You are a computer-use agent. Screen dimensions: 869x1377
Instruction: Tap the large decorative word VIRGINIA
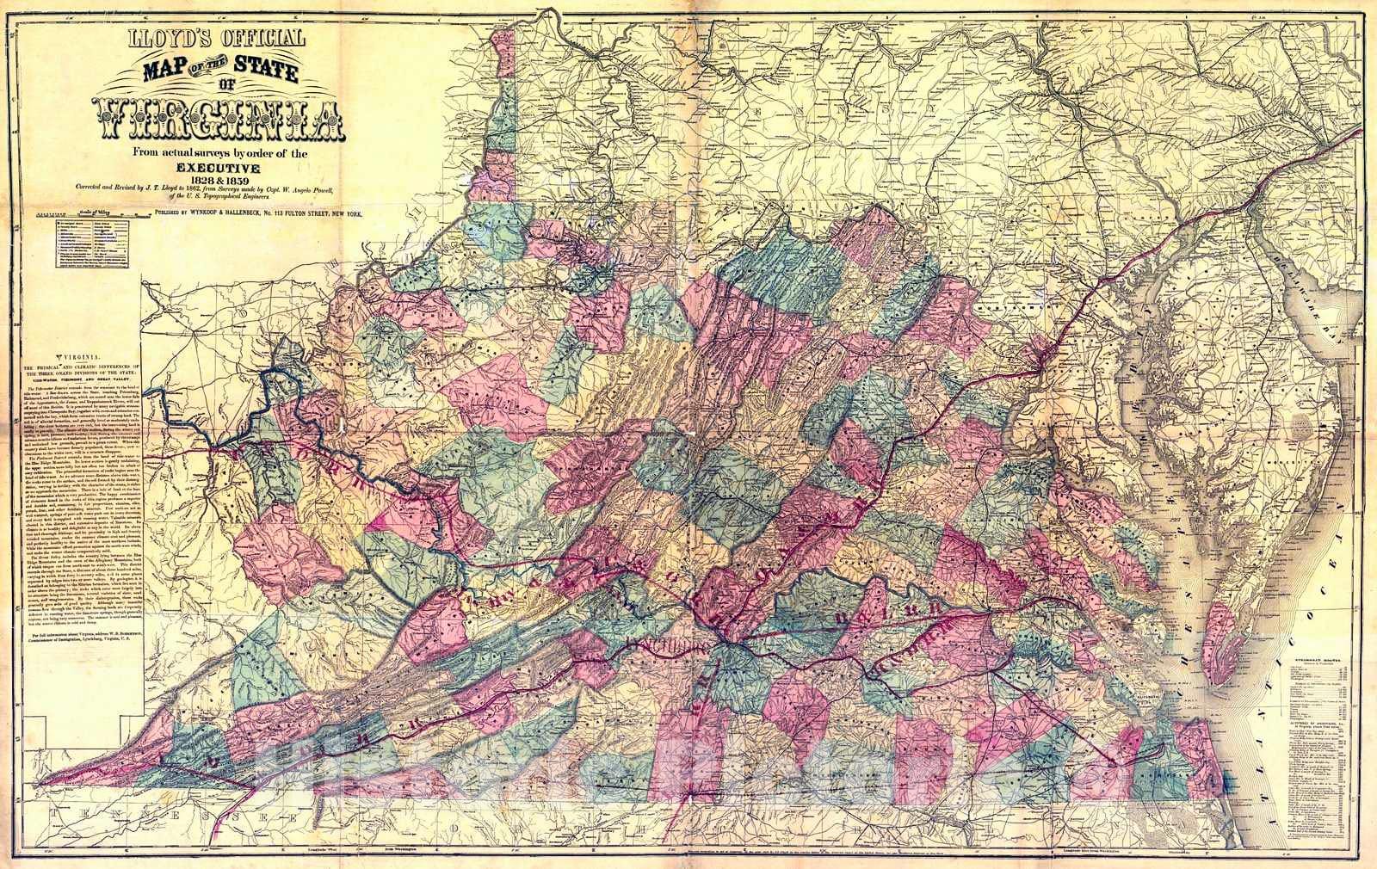click(221, 120)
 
